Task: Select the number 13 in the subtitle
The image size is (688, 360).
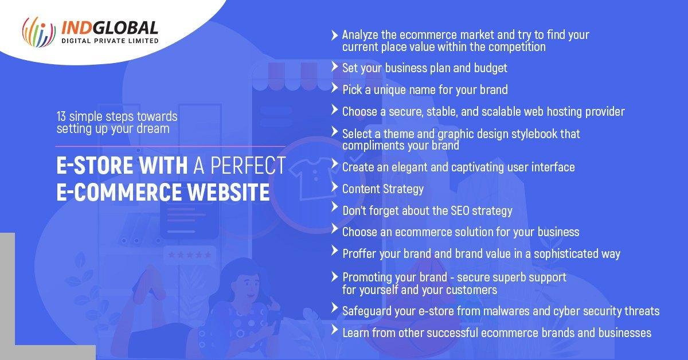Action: click(61, 116)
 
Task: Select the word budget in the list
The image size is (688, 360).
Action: click(490, 68)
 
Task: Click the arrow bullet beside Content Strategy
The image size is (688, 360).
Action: click(334, 187)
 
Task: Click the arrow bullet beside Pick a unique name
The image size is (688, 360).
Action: click(334, 88)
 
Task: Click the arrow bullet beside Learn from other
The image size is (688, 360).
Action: click(334, 331)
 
